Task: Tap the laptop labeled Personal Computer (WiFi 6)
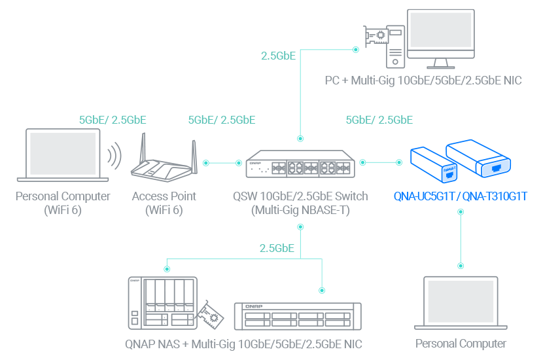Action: pyautogui.click(x=63, y=156)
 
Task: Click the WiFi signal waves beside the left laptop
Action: pyautogui.click(x=115, y=157)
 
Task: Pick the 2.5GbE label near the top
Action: pyautogui.click(x=278, y=56)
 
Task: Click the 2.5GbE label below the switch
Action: pyautogui.click(x=277, y=249)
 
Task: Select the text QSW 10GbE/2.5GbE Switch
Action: pyautogui.click(x=300, y=196)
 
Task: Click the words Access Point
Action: pyautogui.click(x=164, y=196)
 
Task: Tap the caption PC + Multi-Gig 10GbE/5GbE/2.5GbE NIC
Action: pyautogui.click(x=423, y=82)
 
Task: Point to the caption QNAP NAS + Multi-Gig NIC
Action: pyautogui.click(x=244, y=344)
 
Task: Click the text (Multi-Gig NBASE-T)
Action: pyautogui.click(x=300, y=210)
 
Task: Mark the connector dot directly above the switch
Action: pyautogui.click(x=300, y=139)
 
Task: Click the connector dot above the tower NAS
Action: pyautogui.click(x=166, y=268)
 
